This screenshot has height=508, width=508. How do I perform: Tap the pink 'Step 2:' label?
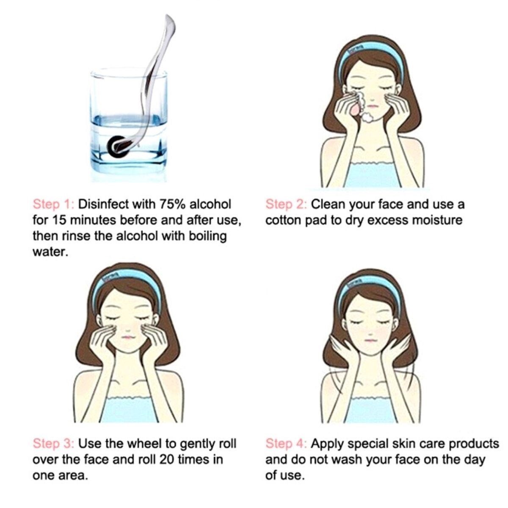tap(286, 205)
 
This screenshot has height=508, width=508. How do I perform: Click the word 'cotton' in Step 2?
tap(283, 221)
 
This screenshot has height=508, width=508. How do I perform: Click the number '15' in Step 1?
tap(60, 221)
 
